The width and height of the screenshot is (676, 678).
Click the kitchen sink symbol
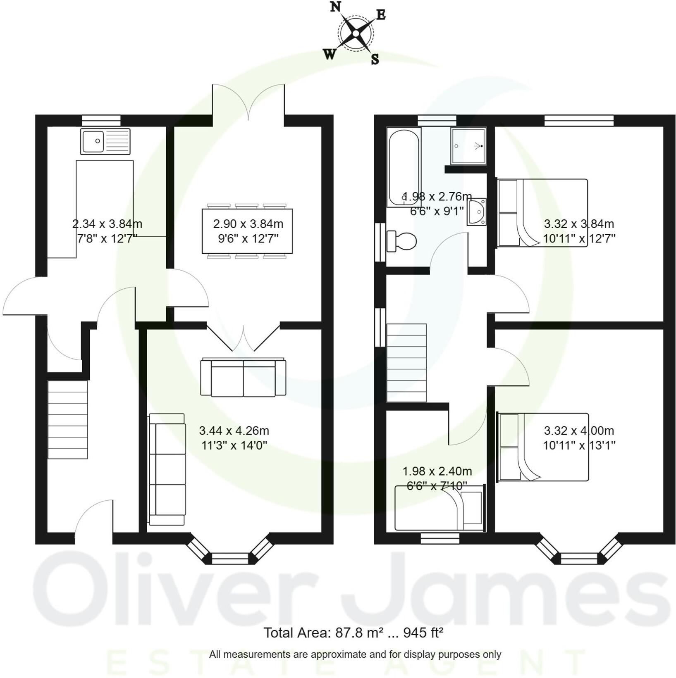105,141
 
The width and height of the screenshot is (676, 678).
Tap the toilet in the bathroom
402,241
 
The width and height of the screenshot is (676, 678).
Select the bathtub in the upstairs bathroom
404,167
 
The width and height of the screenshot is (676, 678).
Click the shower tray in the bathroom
468,146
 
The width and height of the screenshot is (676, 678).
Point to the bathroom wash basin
476,212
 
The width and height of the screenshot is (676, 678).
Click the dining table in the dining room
247,231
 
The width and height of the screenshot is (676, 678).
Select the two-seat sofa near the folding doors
243,378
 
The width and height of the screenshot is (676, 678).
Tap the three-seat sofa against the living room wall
167,469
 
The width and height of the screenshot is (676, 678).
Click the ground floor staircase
68,419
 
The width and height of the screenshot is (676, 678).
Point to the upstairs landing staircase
406,363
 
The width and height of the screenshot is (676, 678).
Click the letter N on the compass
335,7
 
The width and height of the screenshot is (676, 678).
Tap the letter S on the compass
375,59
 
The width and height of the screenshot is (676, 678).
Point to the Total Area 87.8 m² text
353,633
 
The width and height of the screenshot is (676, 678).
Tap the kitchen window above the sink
101,121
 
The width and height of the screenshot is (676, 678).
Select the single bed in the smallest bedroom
439,508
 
